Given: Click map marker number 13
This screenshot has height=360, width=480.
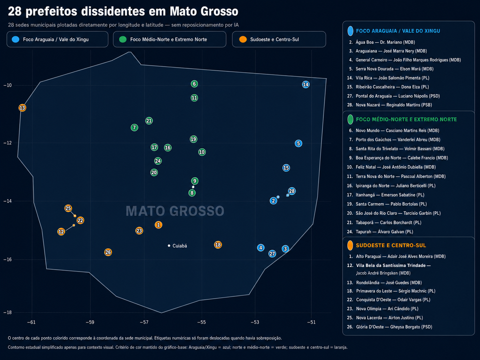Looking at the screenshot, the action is pyautogui.click(x=22, y=108).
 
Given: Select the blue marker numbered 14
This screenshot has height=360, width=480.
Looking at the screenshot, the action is pyautogui.click(x=306, y=85).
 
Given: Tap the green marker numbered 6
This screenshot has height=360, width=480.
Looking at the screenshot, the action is pyautogui.click(x=194, y=84).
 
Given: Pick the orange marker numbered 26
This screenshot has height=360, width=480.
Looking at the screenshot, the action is pyautogui.click(x=108, y=252).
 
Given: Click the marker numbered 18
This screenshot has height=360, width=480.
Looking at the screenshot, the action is pyautogui.click(x=218, y=245).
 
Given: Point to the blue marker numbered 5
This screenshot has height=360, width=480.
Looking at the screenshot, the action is pyautogui.click(x=298, y=144).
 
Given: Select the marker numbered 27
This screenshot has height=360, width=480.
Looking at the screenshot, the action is pyautogui.click(x=272, y=254).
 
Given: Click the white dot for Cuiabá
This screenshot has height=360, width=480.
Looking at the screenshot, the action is pyautogui.click(x=169, y=246).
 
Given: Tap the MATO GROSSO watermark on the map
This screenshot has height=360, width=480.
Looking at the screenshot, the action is pyautogui.click(x=175, y=211).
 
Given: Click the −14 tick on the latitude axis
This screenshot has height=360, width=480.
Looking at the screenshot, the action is pyautogui.click(x=7, y=201).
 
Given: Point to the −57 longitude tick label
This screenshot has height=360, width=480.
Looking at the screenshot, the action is pyautogui.click(x=144, y=322).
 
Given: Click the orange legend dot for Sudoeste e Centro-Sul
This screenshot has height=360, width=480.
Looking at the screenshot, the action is pyautogui.click(x=243, y=39).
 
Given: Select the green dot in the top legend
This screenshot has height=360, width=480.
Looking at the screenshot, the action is pyautogui.click(x=123, y=39).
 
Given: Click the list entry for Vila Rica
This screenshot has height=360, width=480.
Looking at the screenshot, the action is pyautogui.click(x=388, y=78).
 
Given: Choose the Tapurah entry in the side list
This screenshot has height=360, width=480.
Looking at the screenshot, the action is pyautogui.click(x=380, y=232).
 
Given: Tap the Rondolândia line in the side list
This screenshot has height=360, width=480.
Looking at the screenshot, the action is pyautogui.click(x=385, y=283).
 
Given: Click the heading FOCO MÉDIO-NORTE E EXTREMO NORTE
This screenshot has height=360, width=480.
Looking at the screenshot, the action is pyautogui.click(x=406, y=119).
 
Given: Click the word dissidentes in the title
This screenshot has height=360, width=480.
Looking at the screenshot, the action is pyautogui.click(x=113, y=11).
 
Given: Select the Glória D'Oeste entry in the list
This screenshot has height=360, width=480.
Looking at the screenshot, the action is pyautogui.click(x=390, y=327).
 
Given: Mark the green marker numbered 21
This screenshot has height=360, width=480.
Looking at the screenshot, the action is pyautogui.click(x=149, y=121).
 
